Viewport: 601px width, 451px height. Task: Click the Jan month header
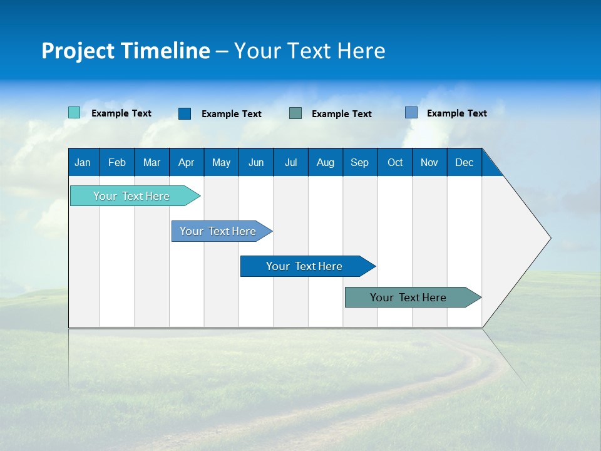[x=83, y=162]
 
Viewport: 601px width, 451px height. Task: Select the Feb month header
[x=117, y=162]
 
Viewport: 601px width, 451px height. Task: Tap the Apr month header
[x=186, y=162]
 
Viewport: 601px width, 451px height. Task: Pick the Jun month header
[x=256, y=162]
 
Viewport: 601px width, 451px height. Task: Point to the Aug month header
[x=325, y=162]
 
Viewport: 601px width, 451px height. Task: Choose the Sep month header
[x=359, y=162]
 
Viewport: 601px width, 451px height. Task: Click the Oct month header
[x=395, y=162]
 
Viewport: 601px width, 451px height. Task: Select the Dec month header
[x=464, y=162]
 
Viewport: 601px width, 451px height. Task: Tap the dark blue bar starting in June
[x=305, y=266]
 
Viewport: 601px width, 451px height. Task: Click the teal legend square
[x=74, y=113]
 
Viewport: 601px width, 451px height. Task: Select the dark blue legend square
[x=185, y=113]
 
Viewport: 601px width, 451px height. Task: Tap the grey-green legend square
[x=295, y=113]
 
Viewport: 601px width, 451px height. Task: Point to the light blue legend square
[x=411, y=113]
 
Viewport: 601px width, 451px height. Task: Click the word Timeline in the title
[x=165, y=51]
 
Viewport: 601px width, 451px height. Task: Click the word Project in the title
[x=77, y=51]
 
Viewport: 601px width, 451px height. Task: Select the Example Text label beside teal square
[x=121, y=113]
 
